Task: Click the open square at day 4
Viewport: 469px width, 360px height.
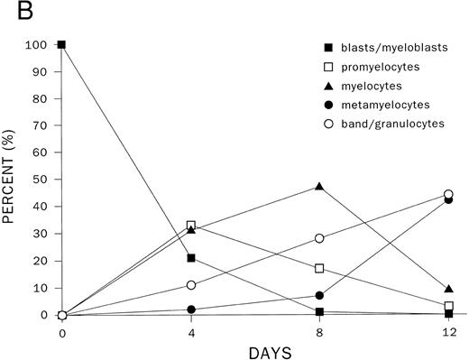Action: point(190,226)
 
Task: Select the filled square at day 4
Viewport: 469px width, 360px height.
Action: point(190,258)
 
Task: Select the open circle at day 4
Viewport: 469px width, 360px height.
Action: point(190,285)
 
